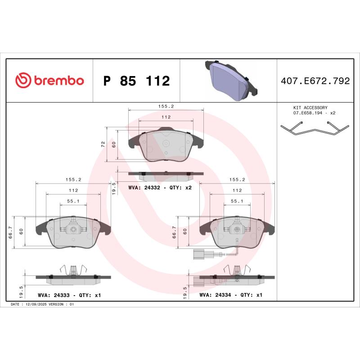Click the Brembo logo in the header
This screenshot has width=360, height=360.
click(49, 81)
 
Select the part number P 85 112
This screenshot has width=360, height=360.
click(136, 81)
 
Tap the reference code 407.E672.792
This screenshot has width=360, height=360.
click(315, 81)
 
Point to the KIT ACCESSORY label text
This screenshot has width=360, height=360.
click(310, 108)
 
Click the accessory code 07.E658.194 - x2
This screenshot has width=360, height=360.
click(314, 113)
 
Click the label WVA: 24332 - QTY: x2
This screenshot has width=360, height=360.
click(160, 187)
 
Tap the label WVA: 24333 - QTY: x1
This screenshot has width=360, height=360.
click(68, 295)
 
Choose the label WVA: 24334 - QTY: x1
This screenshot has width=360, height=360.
click(231, 295)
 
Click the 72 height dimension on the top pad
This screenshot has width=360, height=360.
click(103, 144)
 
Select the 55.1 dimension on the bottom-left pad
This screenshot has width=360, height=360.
click(73, 201)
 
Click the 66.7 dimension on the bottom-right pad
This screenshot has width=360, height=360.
click(174, 231)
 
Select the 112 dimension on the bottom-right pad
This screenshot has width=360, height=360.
click(237, 190)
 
